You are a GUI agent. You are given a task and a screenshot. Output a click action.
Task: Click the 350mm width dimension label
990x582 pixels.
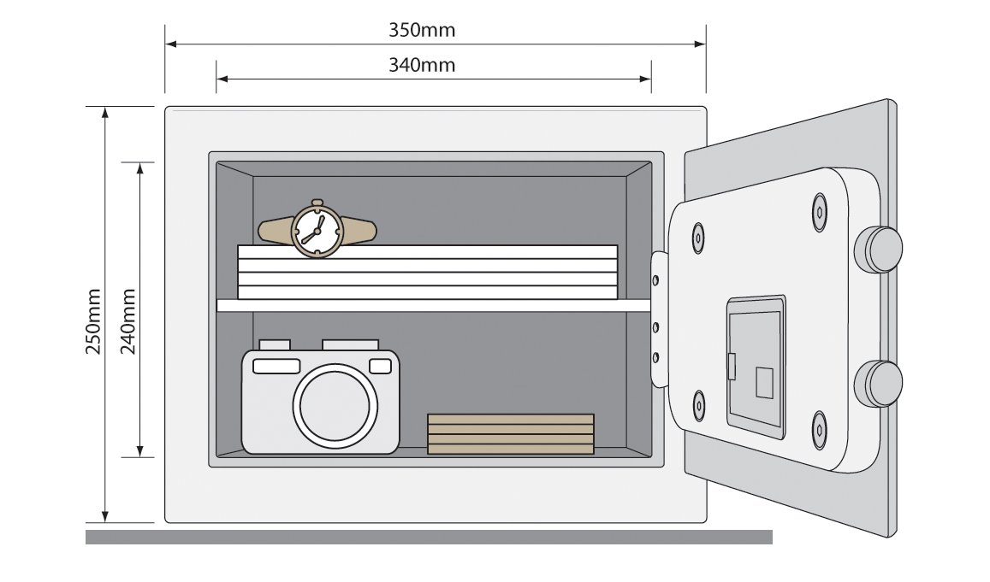click(x=422, y=31)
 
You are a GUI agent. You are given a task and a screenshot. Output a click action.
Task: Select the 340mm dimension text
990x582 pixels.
click(x=422, y=65)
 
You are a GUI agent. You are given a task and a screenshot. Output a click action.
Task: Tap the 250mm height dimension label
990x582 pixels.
click(x=94, y=320)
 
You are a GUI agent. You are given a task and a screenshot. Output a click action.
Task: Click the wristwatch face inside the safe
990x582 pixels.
click(x=316, y=228)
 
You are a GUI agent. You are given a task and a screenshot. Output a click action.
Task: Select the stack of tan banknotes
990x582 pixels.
click(x=510, y=433)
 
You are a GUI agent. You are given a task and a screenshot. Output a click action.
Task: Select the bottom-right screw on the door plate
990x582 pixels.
click(x=820, y=424)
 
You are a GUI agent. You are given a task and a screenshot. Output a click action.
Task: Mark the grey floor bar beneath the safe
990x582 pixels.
click(x=428, y=537)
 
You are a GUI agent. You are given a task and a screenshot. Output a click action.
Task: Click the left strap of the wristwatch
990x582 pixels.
click(x=274, y=229)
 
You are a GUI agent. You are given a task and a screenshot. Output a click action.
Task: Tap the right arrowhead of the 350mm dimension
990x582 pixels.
click(x=701, y=43)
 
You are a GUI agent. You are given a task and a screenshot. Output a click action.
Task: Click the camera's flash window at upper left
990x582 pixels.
click(x=276, y=366)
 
